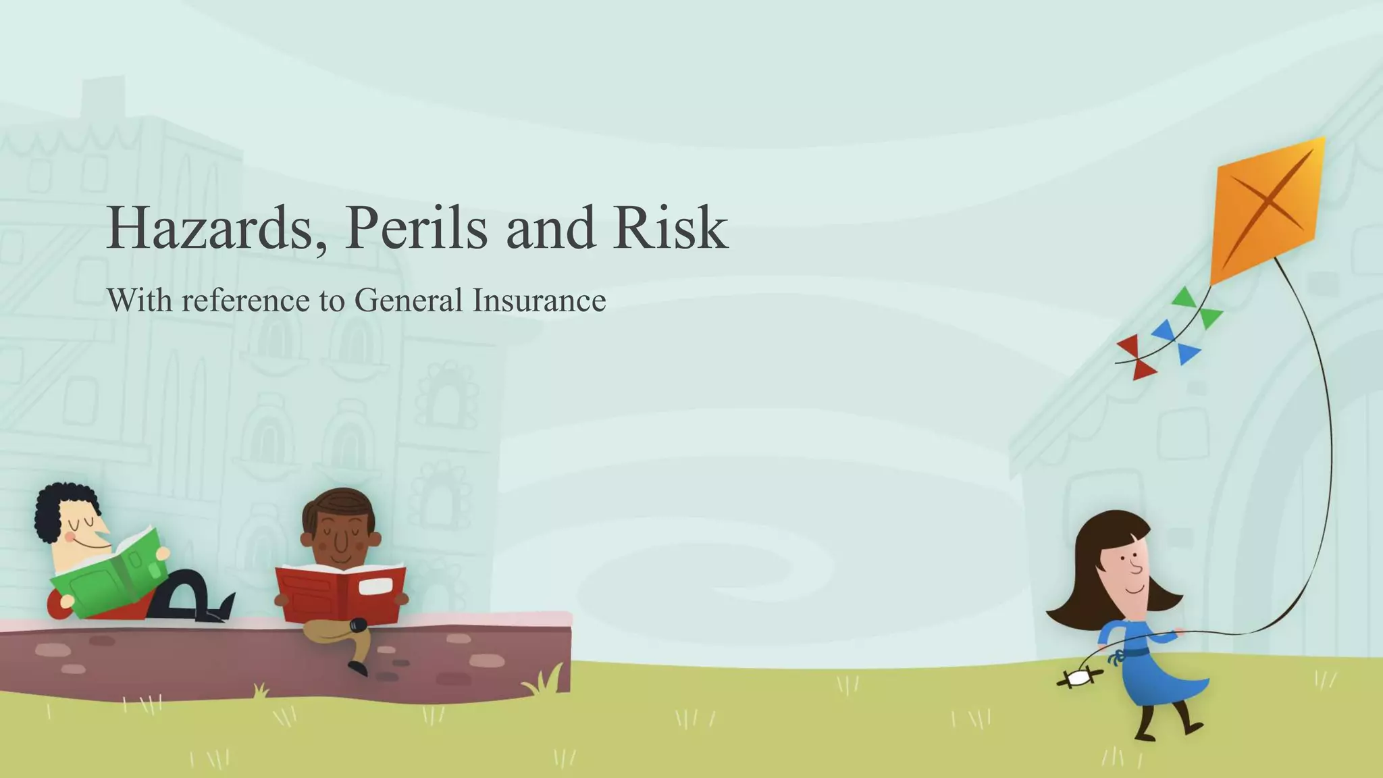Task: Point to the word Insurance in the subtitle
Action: tap(538, 301)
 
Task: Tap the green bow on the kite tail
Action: tap(1199, 307)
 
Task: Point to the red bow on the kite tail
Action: tap(1137, 357)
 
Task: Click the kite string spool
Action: tap(1079, 678)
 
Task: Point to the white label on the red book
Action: tap(375, 586)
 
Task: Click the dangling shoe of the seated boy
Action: tap(357, 668)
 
